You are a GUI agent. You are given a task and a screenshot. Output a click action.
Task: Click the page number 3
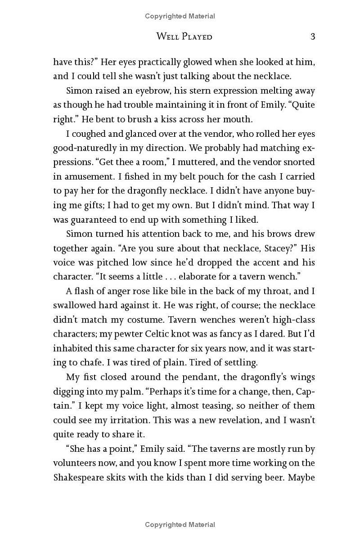[312, 36]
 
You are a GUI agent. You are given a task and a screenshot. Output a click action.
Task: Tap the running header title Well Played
[184, 36]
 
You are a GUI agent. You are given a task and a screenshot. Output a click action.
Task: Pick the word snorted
[299, 162]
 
